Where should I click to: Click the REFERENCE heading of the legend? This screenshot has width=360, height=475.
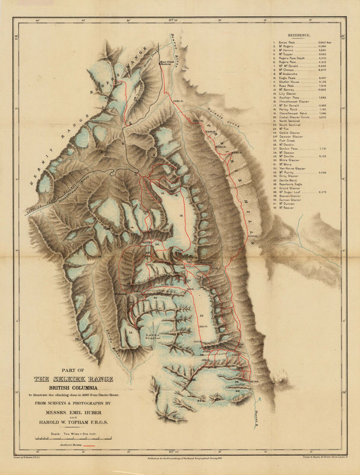click(305, 36)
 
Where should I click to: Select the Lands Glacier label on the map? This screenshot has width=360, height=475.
click(154, 336)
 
